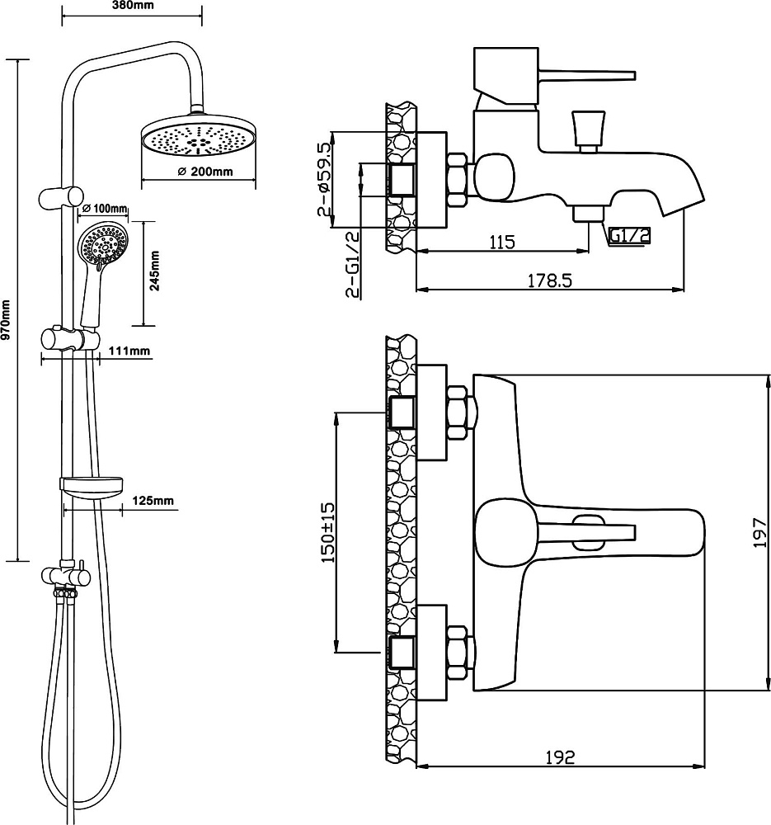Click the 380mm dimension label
tap(134, 6)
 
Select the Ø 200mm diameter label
tap(205, 172)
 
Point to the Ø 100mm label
tap(105, 209)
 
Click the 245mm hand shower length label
tap(155, 271)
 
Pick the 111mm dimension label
tap(129, 351)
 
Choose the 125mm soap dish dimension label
tap(153, 501)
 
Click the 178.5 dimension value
tap(549, 280)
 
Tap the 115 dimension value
tap(502, 243)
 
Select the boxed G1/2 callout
tap(629, 236)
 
